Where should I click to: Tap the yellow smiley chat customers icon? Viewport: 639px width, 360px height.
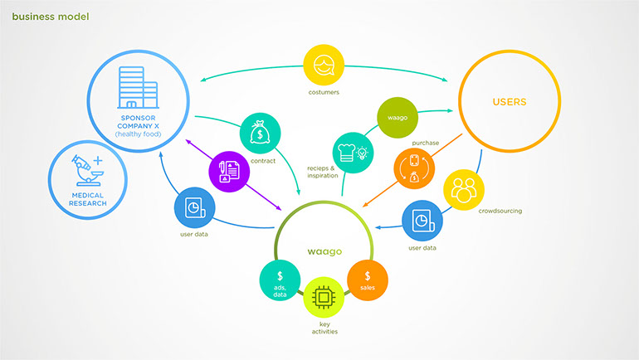(324, 65)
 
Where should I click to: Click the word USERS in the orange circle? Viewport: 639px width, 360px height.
(509, 103)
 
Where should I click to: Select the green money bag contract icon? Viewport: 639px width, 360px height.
(261, 133)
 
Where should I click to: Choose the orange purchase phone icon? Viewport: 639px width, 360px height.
(413, 167)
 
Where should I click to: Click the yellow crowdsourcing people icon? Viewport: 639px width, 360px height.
(464, 190)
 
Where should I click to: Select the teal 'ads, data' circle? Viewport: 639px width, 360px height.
(280, 281)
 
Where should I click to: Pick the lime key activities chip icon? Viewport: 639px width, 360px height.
(324, 297)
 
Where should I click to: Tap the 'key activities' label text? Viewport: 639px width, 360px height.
(324, 328)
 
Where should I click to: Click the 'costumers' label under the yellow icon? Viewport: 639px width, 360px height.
(324, 92)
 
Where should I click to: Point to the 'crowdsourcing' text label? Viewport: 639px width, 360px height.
(500, 211)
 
